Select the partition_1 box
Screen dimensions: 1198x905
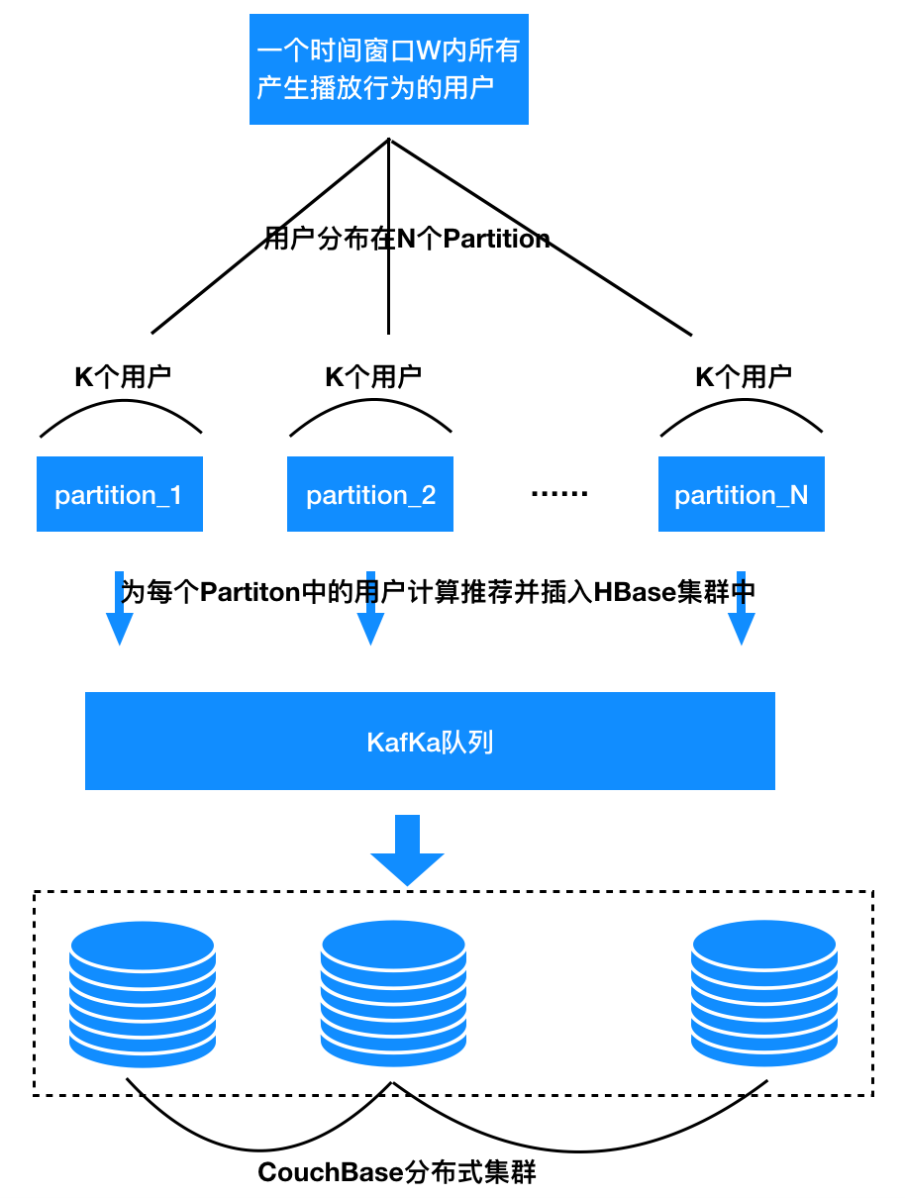pyautogui.click(x=120, y=494)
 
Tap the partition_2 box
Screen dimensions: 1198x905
pyautogui.click(x=370, y=494)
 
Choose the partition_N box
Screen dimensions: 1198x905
pyautogui.click(x=741, y=494)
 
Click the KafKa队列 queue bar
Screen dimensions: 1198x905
pyautogui.click(x=430, y=742)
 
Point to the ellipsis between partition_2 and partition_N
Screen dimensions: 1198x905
pyautogui.click(x=559, y=493)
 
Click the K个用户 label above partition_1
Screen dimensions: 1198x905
pyautogui.click(x=123, y=376)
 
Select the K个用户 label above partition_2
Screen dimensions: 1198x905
pyautogui.click(x=373, y=376)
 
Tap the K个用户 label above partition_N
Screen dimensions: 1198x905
pyautogui.click(x=744, y=376)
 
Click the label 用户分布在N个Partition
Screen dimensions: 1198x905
pyautogui.click(x=407, y=239)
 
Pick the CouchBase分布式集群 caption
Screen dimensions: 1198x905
pyautogui.click(x=397, y=1173)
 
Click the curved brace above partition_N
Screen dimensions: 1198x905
pyautogui.click(x=741, y=410)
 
